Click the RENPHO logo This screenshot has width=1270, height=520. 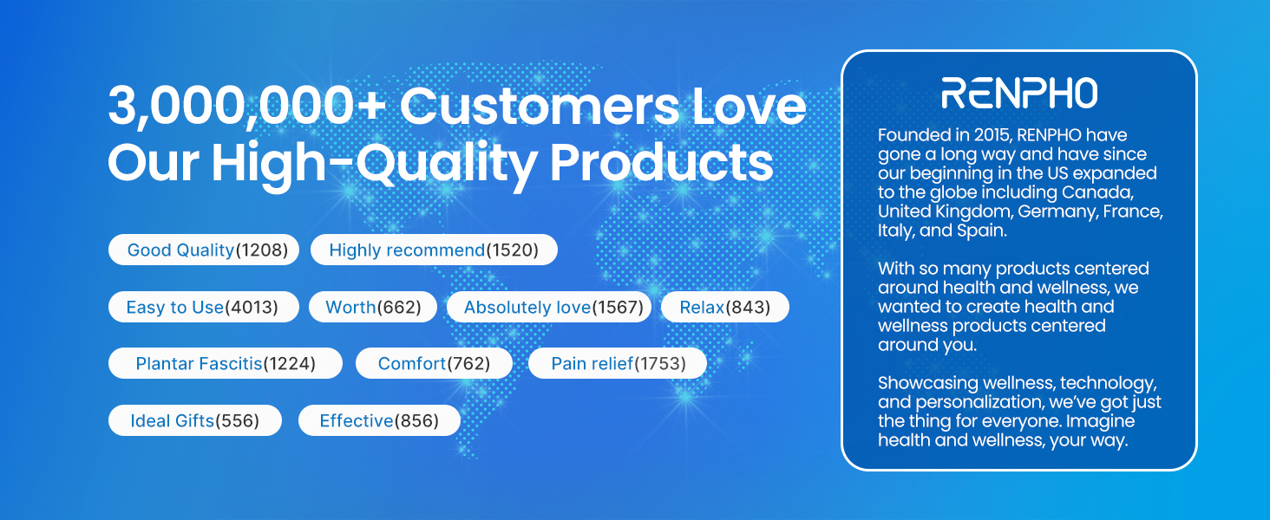coord(1019,93)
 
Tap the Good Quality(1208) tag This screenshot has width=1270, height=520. coord(204,250)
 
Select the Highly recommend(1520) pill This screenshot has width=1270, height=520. coord(434,250)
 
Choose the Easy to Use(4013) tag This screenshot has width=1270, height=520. coord(204,307)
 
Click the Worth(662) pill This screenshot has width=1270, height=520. coord(372,307)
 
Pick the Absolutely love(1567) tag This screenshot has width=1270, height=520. coord(549,307)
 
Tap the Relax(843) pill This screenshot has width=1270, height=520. coord(725,307)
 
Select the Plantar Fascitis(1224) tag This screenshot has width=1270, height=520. coord(225,363)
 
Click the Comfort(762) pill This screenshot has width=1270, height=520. coord(434,363)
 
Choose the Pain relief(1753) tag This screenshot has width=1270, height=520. coord(618,363)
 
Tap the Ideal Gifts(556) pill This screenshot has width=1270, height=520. coord(195,420)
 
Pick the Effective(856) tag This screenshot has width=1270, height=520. coord(379,420)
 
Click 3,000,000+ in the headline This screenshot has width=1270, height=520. coord(247,107)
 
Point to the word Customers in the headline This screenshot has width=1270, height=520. coord(540,107)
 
